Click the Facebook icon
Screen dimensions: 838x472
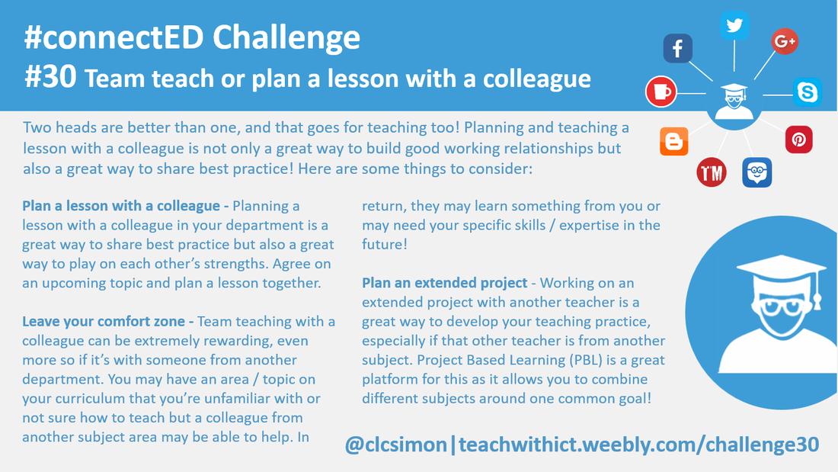(678, 48)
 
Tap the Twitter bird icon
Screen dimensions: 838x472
(734, 25)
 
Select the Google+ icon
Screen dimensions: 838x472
(785, 41)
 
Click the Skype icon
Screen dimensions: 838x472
(807, 92)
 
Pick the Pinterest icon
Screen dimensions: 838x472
(799, 140)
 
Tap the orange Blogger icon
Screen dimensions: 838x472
(674, 141)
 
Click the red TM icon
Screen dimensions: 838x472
(712, 172)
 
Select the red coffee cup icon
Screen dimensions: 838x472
(661, 92)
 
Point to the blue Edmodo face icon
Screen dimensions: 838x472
(756, 172)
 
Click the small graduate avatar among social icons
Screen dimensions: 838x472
(734, 101)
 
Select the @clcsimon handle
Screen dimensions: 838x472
(396, 445)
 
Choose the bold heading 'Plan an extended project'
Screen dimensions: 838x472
(445, 283)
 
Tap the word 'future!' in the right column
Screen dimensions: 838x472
(385, 245)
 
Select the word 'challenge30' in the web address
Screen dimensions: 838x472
(762, 445)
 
